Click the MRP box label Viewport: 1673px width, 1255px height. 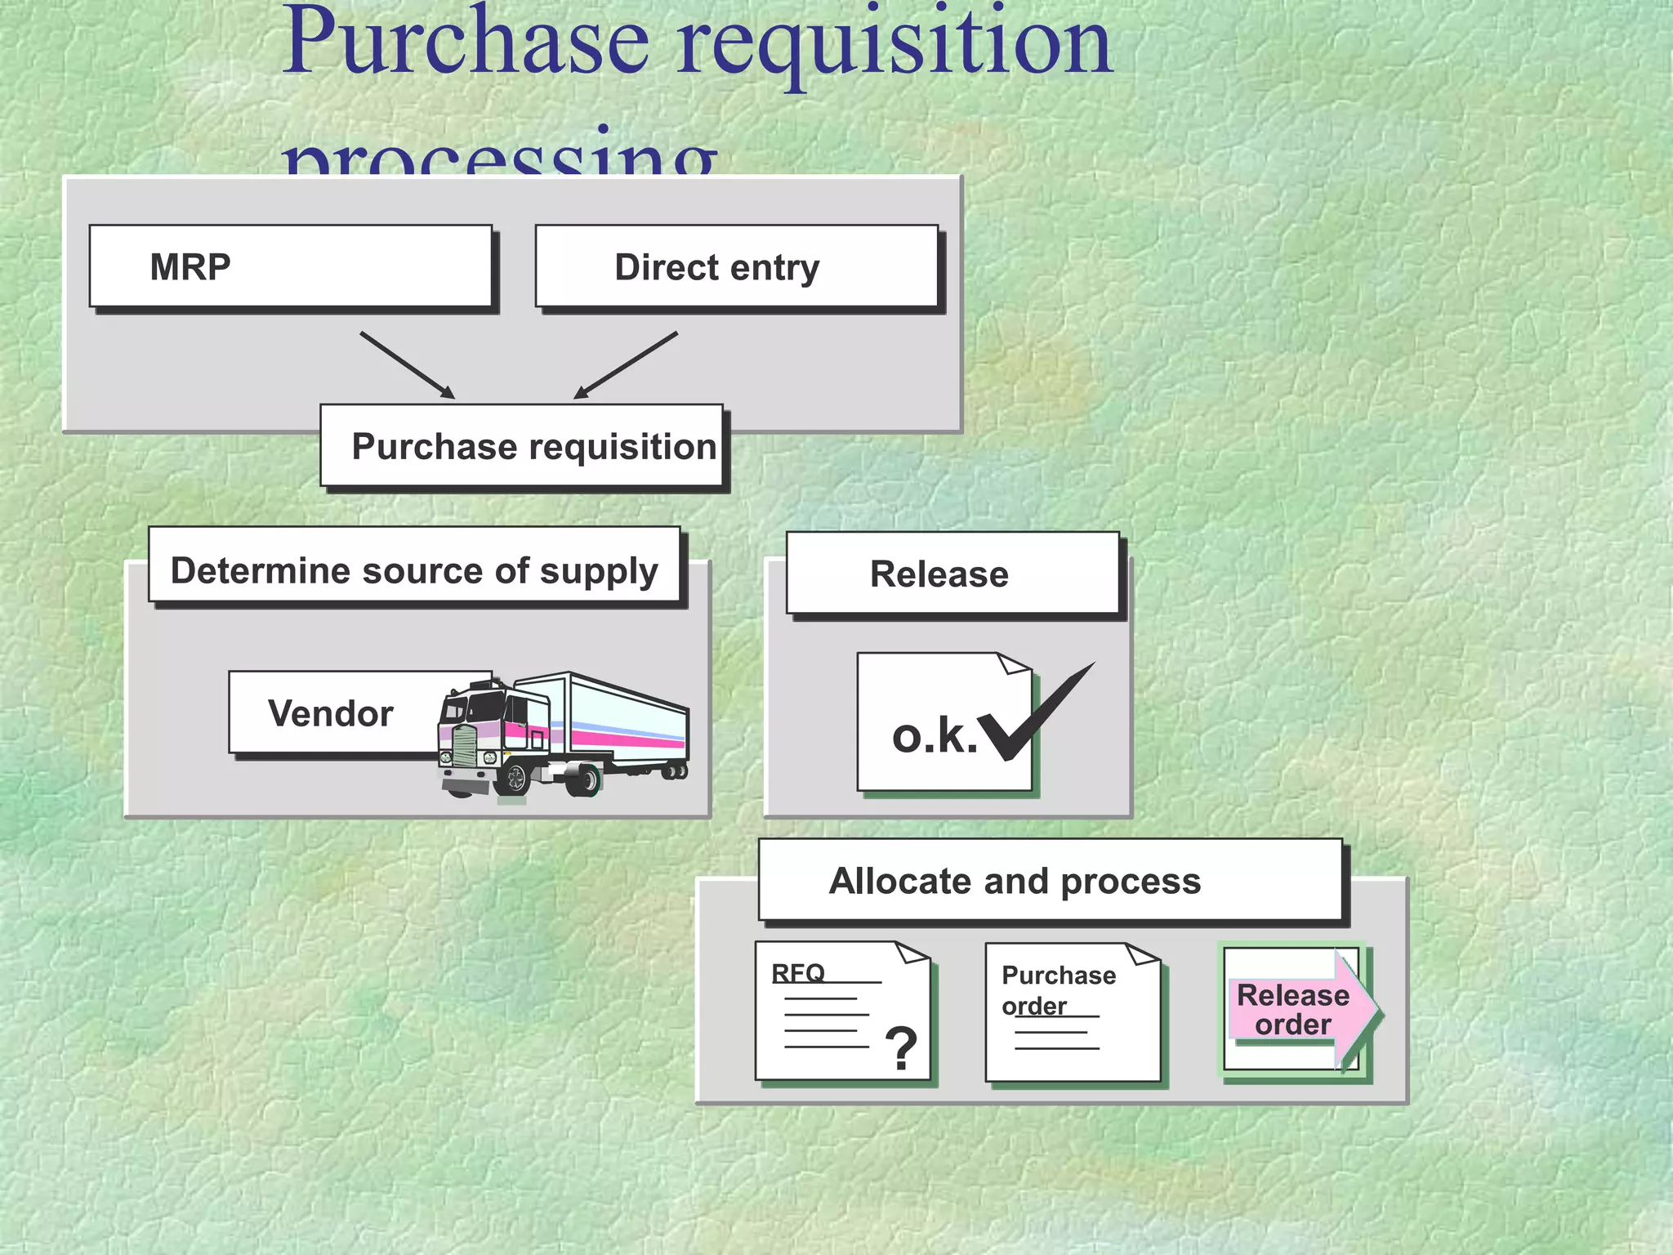190,267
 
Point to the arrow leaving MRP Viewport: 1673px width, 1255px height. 406,364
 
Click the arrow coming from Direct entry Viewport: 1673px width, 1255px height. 627,364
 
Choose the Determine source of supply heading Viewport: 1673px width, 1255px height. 414,569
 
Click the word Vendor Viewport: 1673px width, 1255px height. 331,713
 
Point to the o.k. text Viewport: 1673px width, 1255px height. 934,736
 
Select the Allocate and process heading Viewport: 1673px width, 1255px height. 1015,881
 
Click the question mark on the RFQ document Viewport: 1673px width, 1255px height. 901,1048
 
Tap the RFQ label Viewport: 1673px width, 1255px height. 798,972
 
